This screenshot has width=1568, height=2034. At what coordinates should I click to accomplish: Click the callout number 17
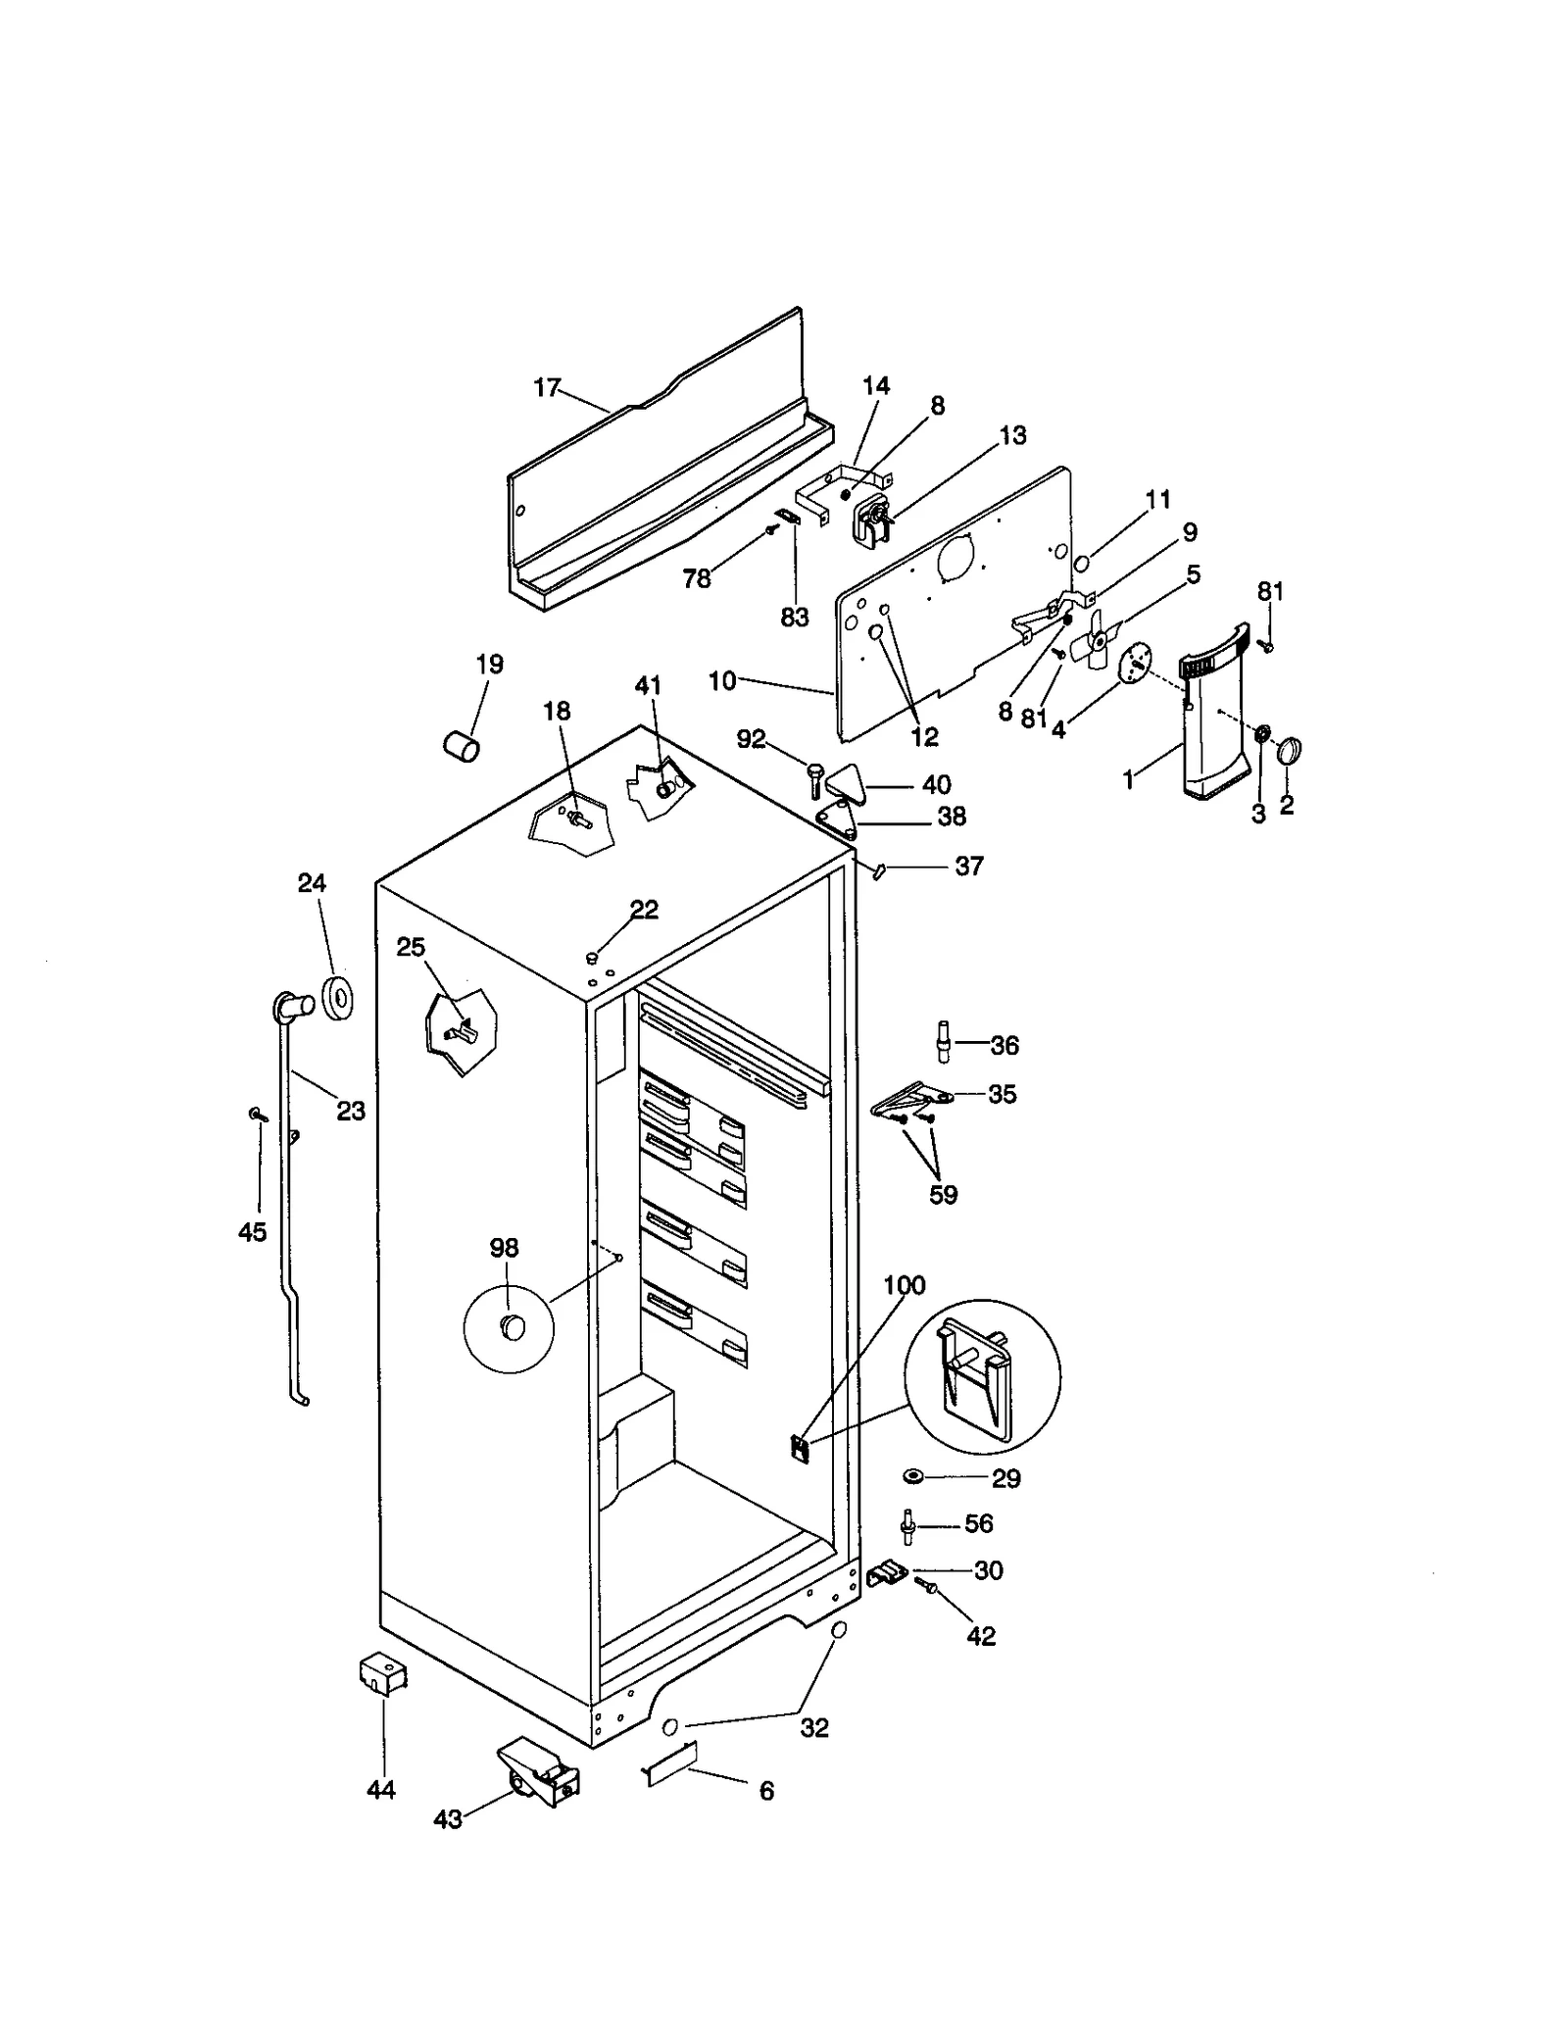pos(546,388)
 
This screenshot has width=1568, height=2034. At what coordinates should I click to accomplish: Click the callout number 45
pos(252,1232)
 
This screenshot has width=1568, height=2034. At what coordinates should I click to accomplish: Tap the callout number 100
pos(904,1285)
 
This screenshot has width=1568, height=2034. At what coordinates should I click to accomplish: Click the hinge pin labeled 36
pos(943,1041)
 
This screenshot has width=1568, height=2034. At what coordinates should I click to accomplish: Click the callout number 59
pos(943,1195)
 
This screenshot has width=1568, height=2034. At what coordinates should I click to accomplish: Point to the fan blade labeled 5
pos(1096,640)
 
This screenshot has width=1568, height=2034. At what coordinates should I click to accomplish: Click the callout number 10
pos(721,680)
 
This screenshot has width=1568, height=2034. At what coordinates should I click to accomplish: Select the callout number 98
pos(504,1248)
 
